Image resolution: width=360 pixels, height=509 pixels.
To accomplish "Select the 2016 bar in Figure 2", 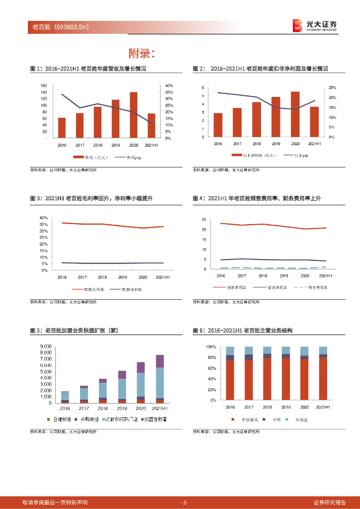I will click(218, 125).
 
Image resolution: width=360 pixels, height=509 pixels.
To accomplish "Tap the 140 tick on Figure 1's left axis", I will click(44, 92).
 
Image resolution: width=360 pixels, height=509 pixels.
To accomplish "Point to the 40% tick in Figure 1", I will click(170, 86).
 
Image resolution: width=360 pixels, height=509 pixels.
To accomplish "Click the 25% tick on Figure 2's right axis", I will click(332, 87).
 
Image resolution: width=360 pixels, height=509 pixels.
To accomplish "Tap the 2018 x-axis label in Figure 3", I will click(102, 277).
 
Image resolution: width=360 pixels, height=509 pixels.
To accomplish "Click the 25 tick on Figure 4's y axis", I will click(204, 220).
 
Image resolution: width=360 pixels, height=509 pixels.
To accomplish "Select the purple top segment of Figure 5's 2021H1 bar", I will click(160, 361).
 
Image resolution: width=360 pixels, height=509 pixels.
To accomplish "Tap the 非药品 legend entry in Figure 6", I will click(300, 420).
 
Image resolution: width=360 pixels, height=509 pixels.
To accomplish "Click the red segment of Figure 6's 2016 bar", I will click(230, 380).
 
